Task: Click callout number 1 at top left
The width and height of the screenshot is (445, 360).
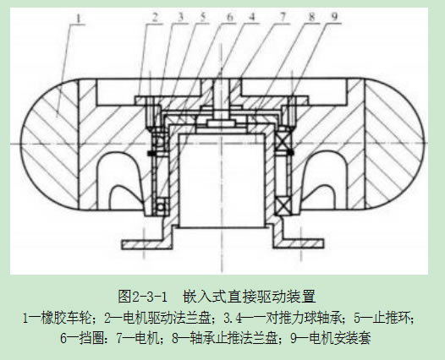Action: [79, 19]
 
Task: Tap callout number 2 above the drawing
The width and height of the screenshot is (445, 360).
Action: [155, 18]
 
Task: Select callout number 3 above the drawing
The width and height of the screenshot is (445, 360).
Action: [179, 17]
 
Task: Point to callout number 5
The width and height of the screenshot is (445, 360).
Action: [202, 17]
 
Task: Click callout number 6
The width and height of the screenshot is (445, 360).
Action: [229, 17]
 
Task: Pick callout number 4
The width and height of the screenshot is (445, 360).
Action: [252, 17]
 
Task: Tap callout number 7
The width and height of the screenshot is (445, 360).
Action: [282, 17]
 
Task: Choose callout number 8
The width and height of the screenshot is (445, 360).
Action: [312, 17]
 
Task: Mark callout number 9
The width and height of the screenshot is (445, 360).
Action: [335, 17]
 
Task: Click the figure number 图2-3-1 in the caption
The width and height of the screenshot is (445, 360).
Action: [142, 297]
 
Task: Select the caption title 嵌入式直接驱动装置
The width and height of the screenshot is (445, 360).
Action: [250, 297]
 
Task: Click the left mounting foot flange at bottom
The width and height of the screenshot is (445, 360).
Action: [147, 243]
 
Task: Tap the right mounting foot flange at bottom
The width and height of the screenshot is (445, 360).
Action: [298, 243]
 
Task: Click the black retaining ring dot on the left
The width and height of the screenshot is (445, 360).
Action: [150, 153]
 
